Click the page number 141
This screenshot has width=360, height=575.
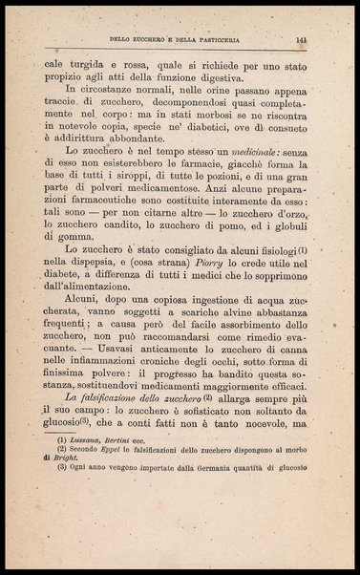click(x=300, y=40)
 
